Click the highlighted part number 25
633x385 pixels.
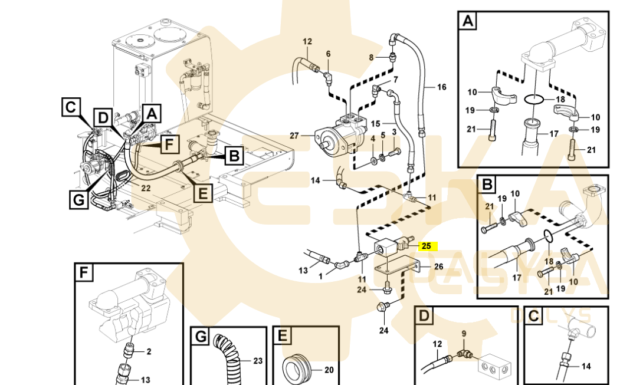[427, 246]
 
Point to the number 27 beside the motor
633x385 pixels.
[294, 136]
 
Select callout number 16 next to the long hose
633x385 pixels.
[441, 87]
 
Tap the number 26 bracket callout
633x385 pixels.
[438, 266]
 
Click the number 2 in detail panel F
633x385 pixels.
[149, 352]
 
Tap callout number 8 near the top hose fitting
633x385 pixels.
[372, 57]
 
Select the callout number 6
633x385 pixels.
[329, 54]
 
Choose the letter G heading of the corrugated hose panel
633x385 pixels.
[201, 337]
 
